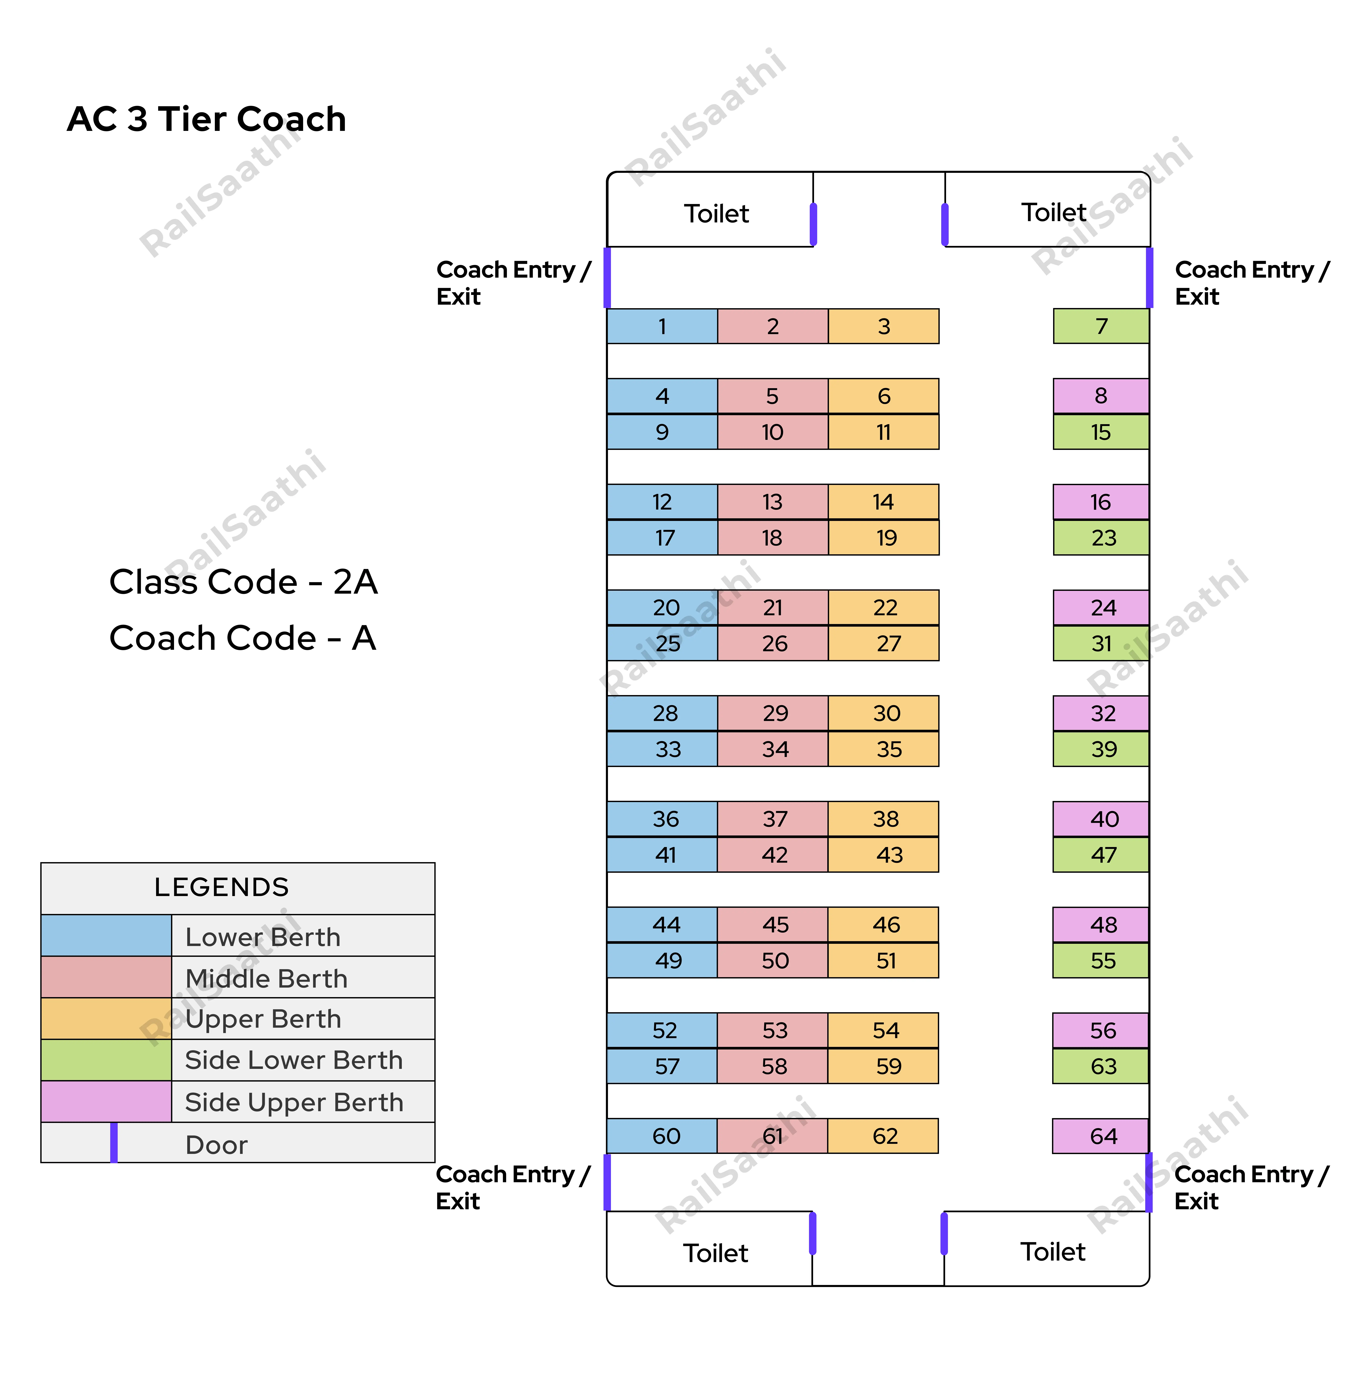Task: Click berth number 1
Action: coord(661,326)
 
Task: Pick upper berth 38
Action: coord(884,819)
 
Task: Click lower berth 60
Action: coord(661,1136)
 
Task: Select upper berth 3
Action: coord(884,326)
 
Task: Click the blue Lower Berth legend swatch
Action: coord(106,935)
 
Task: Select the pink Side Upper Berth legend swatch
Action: coord(106,1102)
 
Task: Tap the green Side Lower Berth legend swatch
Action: coord(106,1060)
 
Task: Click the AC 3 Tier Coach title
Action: coord(206,119)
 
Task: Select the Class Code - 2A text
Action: coord(243,582)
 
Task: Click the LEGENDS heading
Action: coord(222,887)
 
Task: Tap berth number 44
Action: coord(661,925)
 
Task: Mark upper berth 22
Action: coord(884,607)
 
